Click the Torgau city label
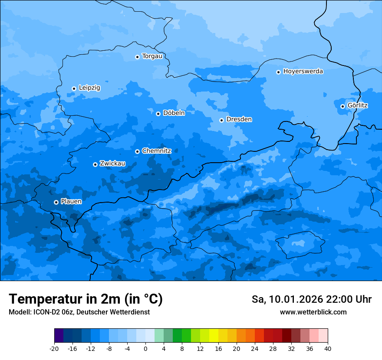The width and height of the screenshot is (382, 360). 152,56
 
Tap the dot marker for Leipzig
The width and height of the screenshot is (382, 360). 74,88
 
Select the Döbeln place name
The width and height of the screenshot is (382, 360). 174,113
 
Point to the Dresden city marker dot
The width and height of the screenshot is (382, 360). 221,120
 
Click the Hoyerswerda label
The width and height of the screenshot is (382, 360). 303,72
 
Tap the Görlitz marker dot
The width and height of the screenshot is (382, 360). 342,106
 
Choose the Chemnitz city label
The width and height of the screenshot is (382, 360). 156,151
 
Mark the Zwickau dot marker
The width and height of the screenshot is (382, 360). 95,164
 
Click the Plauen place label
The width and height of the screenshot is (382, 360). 71,202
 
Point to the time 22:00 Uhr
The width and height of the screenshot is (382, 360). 352,299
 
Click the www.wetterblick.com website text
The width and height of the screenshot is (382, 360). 313,312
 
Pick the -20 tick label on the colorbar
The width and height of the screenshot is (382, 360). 54,349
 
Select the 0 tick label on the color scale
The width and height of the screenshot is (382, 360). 145,349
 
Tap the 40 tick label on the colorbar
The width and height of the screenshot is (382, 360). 328,349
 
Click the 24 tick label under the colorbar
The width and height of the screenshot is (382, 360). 255,349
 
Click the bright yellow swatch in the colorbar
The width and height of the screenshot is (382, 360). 214,336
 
